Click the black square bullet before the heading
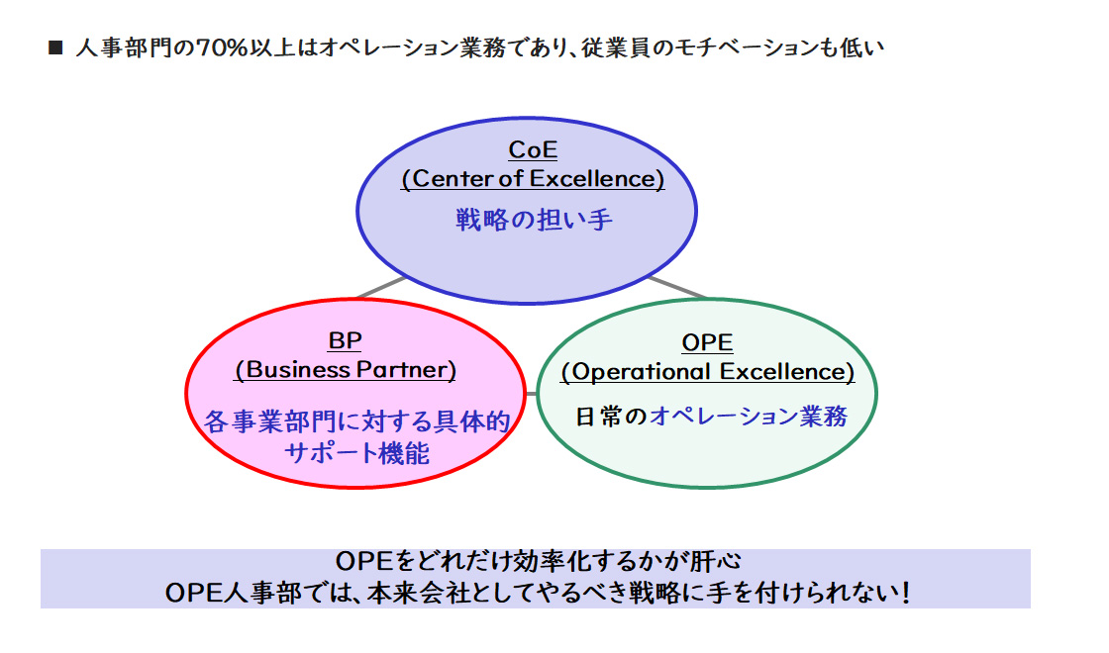[55, 47]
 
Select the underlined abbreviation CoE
[533, 150]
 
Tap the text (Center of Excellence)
[533, 179]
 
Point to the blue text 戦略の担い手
[534, 219]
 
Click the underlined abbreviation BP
[345, 341]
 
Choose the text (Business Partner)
[346, 370]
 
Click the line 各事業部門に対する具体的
[356, 422]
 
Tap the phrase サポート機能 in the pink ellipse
[356, 453]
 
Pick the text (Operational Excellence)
[707, 372]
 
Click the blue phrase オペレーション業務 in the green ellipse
[749, 417]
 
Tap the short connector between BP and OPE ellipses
[532, 395]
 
